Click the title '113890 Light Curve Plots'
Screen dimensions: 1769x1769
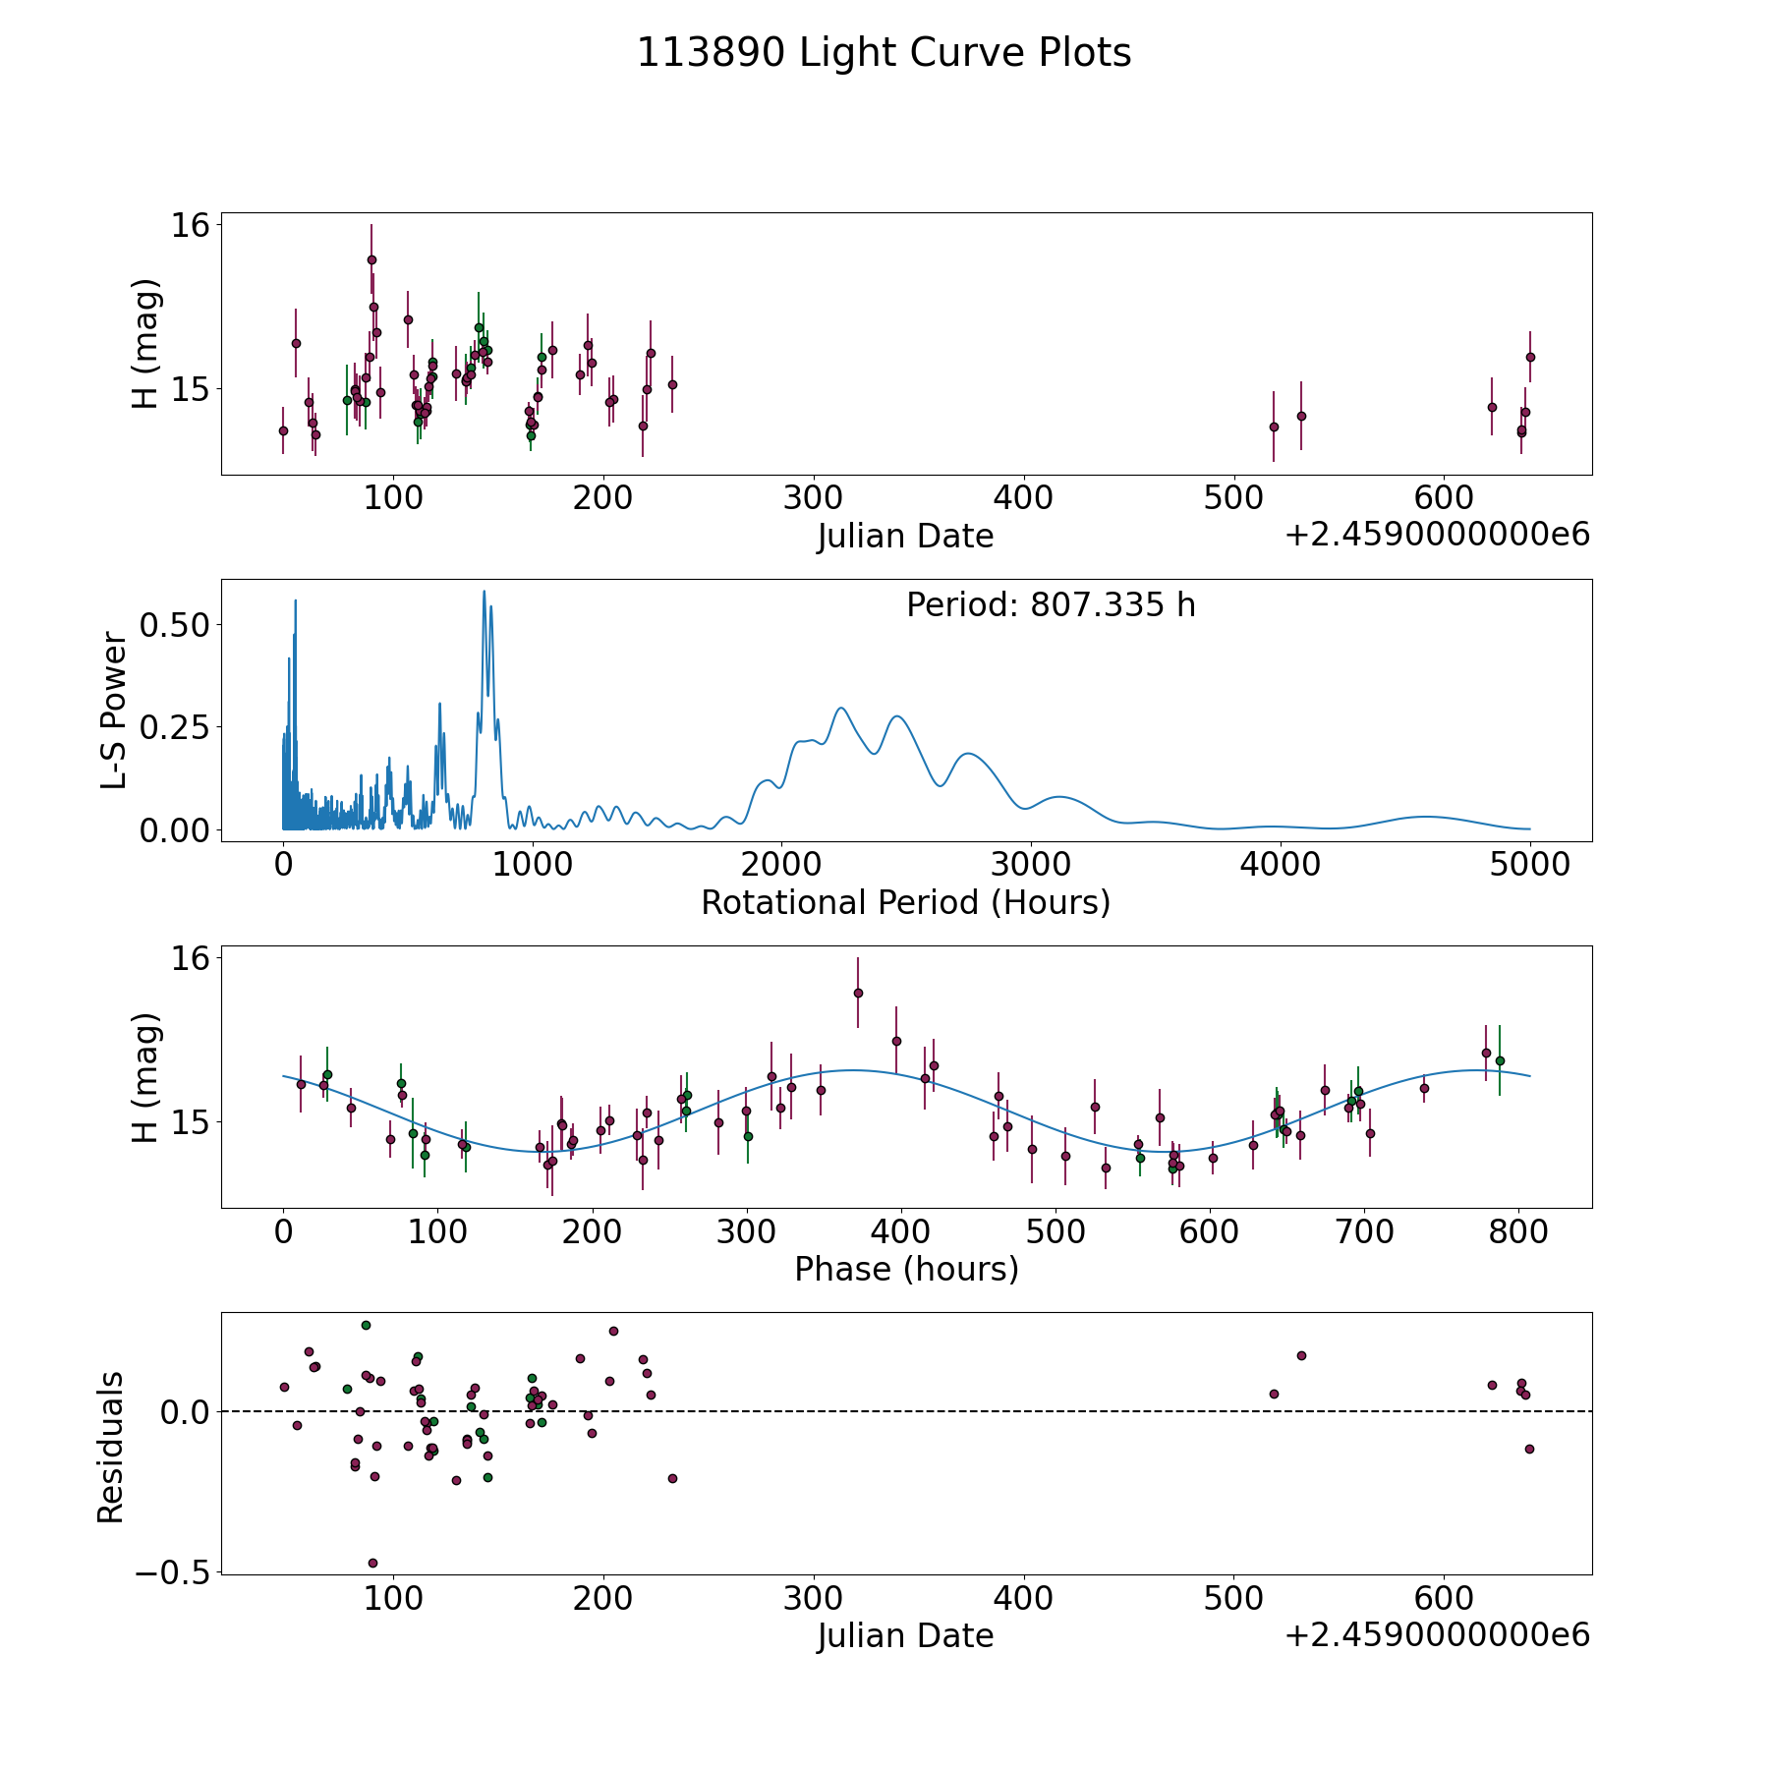click(884, 53)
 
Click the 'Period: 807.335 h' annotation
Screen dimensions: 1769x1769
click(1051, 605)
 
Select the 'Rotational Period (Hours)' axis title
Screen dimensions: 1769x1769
click(905, 902)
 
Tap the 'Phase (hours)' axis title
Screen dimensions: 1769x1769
click(906, 1269)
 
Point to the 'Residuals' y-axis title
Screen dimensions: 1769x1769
click(111, 1447)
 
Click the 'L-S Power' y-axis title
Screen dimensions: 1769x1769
click(114, 711)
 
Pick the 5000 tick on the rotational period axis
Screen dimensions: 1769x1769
click(1529, 864)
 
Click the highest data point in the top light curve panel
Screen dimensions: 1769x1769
click(371, 259)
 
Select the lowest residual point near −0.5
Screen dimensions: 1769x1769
click(372, 1563)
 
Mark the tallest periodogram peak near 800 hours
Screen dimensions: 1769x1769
click(484, 592)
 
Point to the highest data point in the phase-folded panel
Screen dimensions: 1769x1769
click(858, 993)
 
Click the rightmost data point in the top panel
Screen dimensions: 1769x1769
click(1530, 357)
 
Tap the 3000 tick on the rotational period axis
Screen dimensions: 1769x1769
click(1031, 864)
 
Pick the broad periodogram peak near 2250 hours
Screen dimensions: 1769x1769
click(840, 708)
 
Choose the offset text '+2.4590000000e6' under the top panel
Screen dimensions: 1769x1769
click(1437, 536)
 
